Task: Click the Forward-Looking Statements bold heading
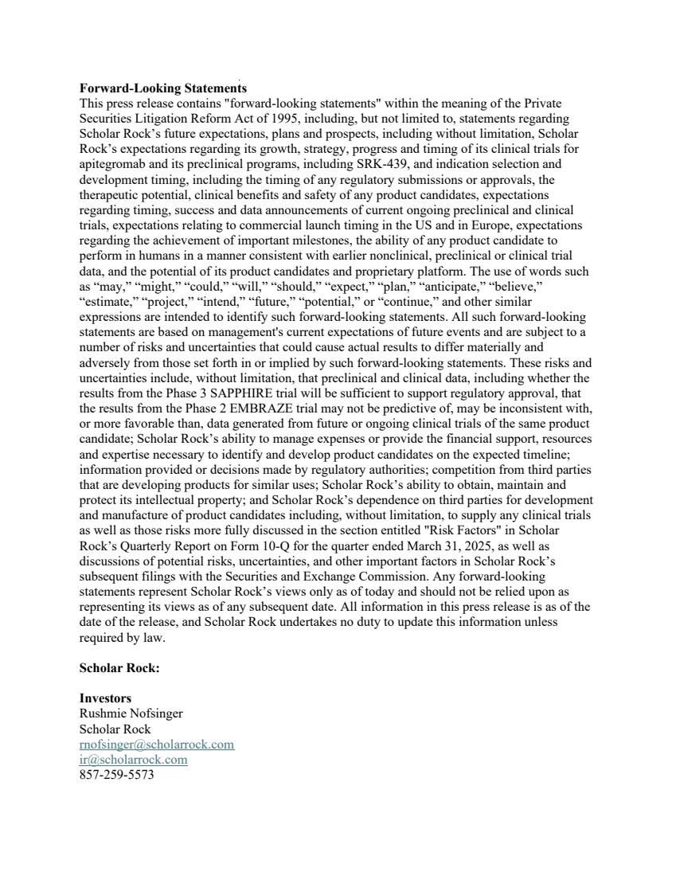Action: (x=162, y=88)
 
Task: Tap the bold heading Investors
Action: (x=105, y=698)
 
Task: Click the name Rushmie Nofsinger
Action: (x=131, y=714)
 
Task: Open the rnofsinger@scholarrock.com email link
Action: (x=157, y=744)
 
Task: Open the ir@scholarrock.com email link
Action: (x=134, y=759)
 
